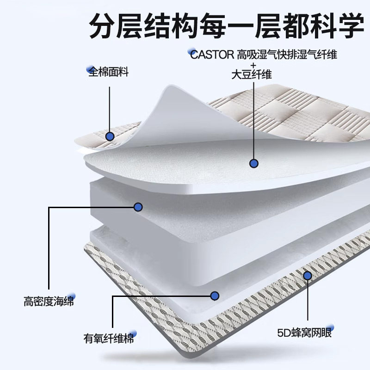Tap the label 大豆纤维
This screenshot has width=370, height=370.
(252, 75)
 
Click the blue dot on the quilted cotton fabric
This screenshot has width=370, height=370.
(110, 136)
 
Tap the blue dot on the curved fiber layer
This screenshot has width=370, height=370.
(253, 163)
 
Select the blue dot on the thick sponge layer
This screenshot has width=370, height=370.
(138, 207)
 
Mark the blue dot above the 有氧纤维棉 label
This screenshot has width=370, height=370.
(214, 295)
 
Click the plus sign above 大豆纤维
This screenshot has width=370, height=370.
(253, 65)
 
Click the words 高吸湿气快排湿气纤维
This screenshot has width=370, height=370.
(287, 55)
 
